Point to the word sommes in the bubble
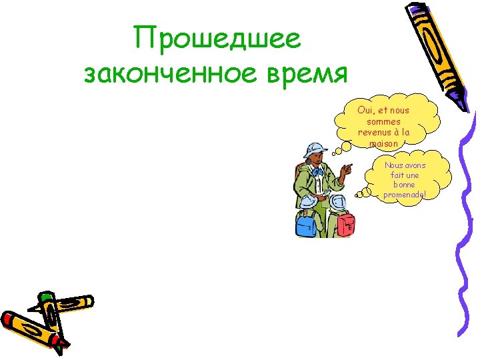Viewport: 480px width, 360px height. [383, 121]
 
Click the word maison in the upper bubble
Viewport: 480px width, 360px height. [383, 143]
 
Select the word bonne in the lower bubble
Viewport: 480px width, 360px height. [404, 185]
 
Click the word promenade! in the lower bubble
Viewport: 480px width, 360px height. [404, 195]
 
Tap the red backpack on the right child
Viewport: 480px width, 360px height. [345, 224]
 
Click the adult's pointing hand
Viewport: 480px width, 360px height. [346, 167]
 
